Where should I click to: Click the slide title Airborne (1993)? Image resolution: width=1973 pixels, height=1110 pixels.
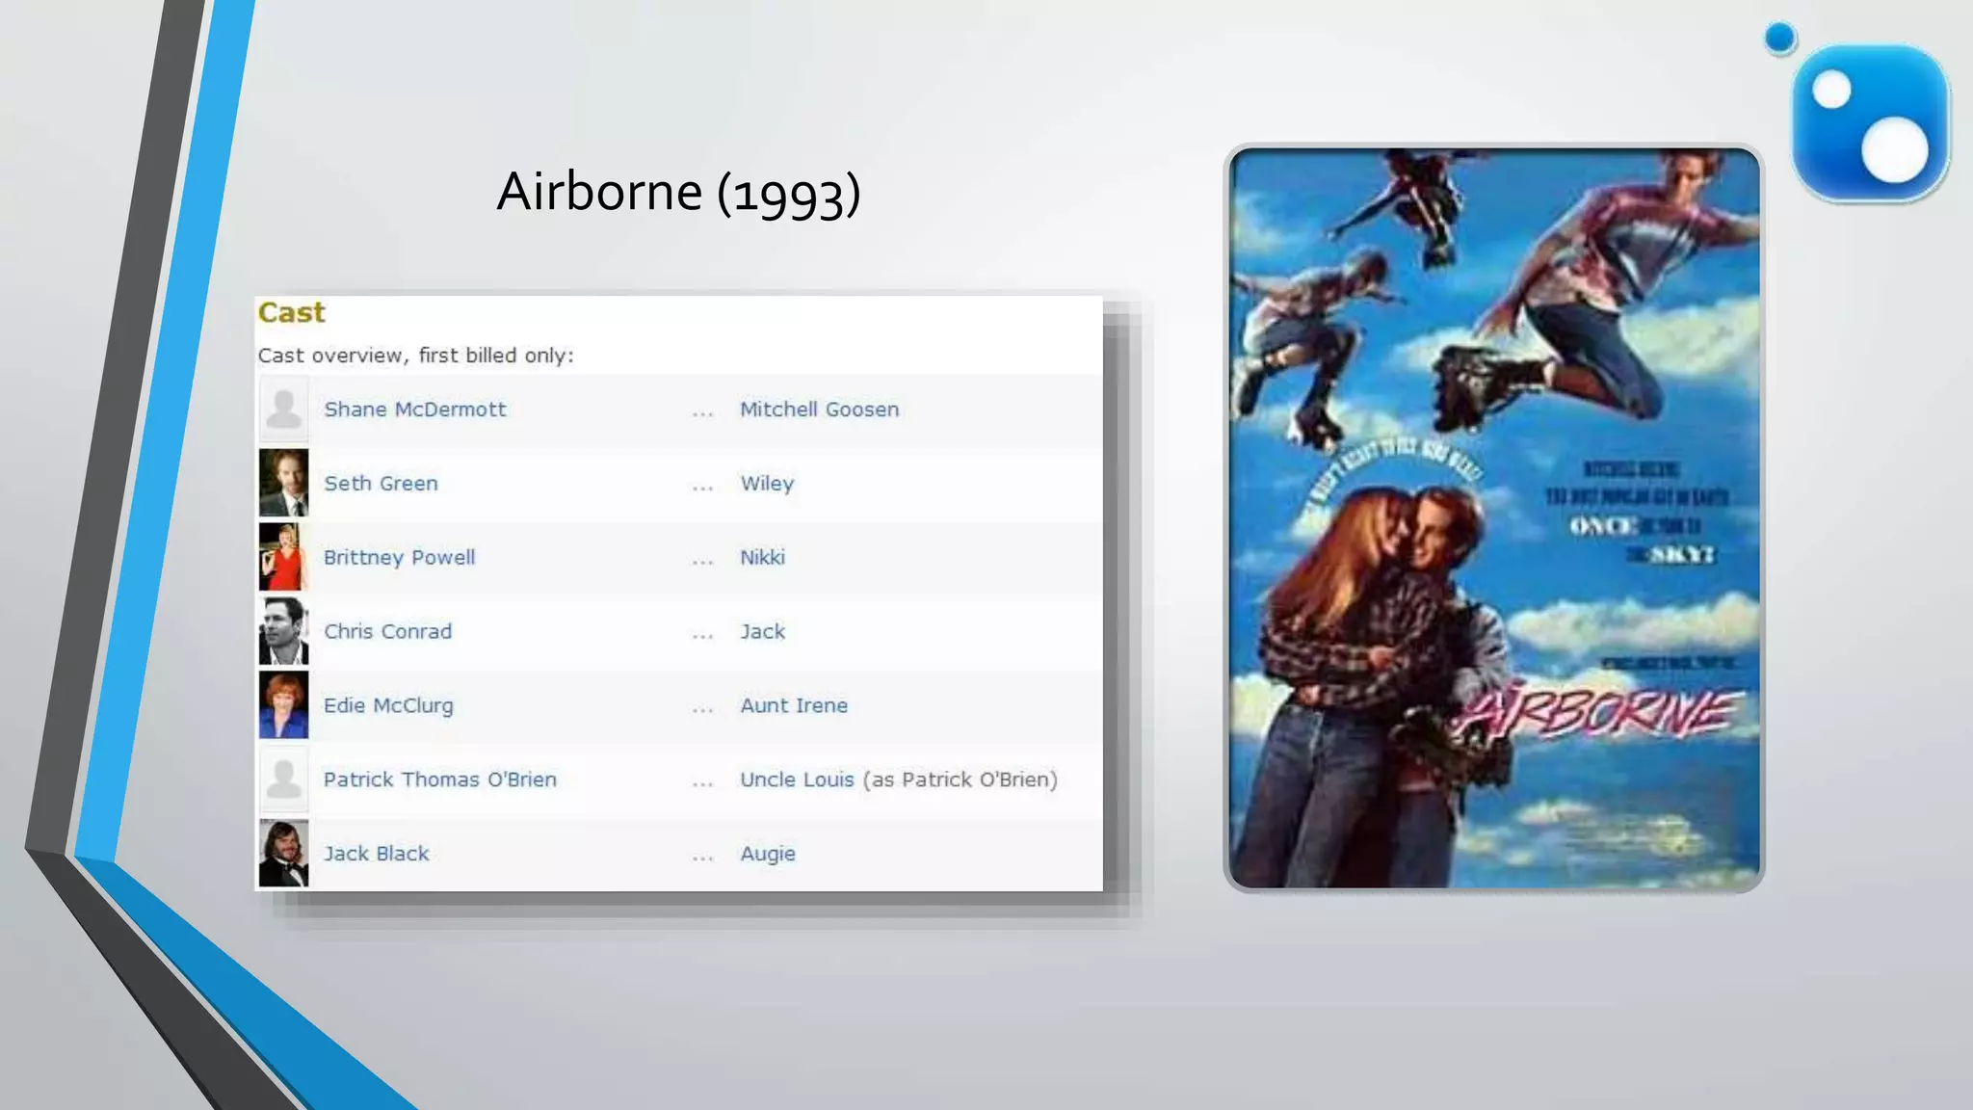tap(677, 192)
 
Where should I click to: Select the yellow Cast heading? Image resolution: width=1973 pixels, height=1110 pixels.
tap(291, 312)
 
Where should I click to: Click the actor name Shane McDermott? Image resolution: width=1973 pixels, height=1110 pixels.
tap(414, 410)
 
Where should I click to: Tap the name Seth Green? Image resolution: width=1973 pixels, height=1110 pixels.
tap(381, 484)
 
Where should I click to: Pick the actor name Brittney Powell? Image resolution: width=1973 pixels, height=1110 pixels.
tap(399, 558)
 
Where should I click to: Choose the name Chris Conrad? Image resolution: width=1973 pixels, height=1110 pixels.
tap(387, 632)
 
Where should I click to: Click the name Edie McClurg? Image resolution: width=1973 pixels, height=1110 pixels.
tap(388, 706)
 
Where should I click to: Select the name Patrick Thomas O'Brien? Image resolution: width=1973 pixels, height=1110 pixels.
tap(439, 780)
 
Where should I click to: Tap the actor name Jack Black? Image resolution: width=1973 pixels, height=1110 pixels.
tap(376, 854)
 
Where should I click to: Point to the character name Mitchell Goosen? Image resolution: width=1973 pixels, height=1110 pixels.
tap(819, 410)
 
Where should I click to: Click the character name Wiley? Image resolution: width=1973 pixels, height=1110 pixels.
tap(767, 484)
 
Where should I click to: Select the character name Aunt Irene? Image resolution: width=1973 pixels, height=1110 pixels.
tap(794, 706)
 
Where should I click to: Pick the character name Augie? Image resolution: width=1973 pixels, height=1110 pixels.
tap(768, 854)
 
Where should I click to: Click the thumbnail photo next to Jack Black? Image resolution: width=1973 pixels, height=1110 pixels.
tap(283, 853)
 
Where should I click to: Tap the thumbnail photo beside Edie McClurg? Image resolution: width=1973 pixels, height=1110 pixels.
tap(283, 705)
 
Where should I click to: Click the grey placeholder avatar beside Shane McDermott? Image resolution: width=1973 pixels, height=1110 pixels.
tap(283, 409)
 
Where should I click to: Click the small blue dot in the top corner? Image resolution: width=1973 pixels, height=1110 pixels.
tap(1780, 39)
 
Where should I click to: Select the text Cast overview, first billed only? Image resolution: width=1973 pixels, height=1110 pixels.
tap(415, 356)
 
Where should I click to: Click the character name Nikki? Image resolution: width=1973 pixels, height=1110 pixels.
tap(762, 558)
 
